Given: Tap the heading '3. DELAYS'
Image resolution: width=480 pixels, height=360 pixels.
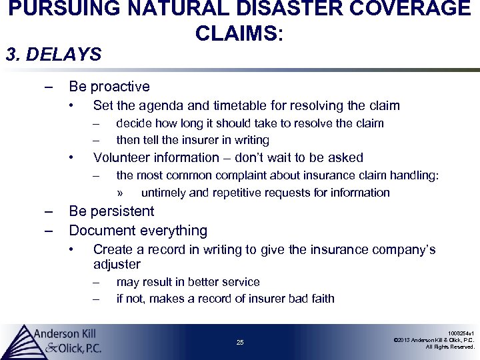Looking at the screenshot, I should coord(53,54).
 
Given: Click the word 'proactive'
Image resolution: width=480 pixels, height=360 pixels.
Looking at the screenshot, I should coord(120,87).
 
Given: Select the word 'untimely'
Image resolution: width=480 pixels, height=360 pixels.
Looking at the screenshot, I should coord(164,193).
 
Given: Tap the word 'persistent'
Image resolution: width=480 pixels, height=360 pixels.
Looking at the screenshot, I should coord(122,211).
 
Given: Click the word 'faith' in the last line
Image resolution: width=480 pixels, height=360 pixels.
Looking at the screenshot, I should coord(321,298).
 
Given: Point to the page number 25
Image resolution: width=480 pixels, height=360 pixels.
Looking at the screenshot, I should coord(240,343).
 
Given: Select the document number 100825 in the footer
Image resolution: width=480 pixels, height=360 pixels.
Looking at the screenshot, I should coord(461,332).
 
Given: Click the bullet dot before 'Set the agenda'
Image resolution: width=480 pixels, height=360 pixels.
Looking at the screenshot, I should coord(73,105).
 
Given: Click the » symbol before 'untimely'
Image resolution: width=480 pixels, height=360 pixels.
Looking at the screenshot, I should coord(120,193).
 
